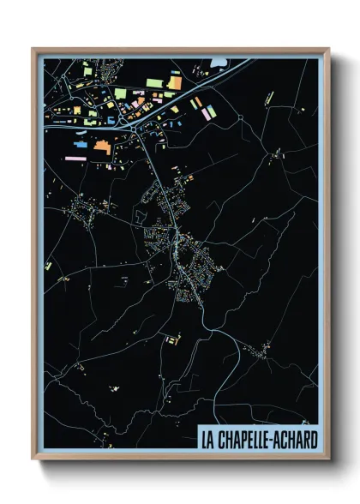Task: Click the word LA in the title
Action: point(208,440)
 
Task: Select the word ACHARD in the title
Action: point(297,440)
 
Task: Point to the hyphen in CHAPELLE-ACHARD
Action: point(275,440)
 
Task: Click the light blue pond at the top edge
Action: point(219,62)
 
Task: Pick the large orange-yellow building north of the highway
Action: point(174,82)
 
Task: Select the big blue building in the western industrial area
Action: point(81,145)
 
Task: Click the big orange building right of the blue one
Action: point(102,147)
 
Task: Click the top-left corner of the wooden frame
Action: point(33,49)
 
